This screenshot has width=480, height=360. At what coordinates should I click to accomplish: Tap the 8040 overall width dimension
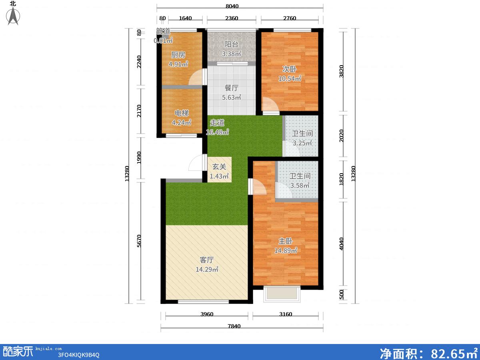tap(232, 6)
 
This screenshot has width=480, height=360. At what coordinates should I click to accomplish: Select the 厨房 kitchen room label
tap(178, 55)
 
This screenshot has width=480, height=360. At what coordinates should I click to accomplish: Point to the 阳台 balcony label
tap(231, 44)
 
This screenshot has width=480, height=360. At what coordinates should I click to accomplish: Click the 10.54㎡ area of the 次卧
tap(290, 78)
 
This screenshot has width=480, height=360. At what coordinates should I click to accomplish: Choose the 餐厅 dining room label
tap(231, 88)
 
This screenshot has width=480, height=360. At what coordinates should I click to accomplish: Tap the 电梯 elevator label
tap(182, 113)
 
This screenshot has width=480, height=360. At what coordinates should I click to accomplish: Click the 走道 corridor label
tap(217, 123)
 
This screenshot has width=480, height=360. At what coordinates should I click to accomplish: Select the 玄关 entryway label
tap(219, 166)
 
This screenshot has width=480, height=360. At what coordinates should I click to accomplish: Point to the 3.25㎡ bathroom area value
tap(302, 143)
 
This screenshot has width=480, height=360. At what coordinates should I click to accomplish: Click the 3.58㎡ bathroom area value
tap(300, 186)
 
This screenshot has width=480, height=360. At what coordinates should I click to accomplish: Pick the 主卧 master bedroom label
tap(285, 241)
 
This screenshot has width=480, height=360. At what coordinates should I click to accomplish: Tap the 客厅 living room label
tap(207, 260)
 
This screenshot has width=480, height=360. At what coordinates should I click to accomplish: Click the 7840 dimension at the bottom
tap(234, 326)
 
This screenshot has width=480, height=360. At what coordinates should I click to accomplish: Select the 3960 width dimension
tap(207, 314)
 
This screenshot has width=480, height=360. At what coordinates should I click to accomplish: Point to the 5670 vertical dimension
tap(139, 241)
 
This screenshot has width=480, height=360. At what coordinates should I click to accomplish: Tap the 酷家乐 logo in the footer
tap(18, 352)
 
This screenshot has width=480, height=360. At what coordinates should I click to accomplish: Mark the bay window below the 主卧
tap(282, 294)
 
